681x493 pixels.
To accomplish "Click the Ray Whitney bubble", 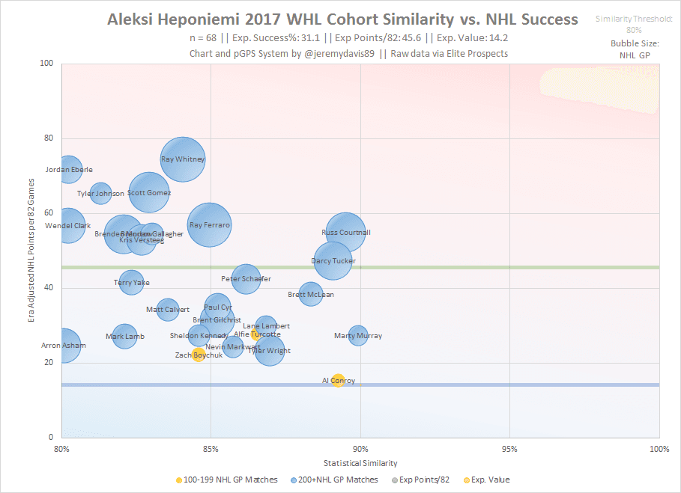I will tap(183, 159).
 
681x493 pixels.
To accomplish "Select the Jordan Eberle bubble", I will tap(69, 170).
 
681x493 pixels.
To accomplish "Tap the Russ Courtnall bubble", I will tap(346, 233).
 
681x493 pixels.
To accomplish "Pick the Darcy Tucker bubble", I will tap(333, 261).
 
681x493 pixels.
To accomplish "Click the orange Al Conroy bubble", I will tap(338, 381).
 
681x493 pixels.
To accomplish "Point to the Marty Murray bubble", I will tap(358, 336).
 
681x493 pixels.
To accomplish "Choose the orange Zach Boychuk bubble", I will tap(199, 355).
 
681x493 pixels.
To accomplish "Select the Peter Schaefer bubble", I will tap(246, 279).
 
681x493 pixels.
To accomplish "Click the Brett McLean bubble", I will tap(311, 294).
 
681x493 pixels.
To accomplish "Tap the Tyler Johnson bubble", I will tap(100, 194).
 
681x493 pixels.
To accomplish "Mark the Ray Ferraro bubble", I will tap(210, 224).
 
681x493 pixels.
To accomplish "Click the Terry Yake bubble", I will tap(131, 283).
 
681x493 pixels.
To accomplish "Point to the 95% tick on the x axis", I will tap(509, 449).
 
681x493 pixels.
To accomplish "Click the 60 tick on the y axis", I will tap(49, 213).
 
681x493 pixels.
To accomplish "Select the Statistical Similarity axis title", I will tap(360, 463).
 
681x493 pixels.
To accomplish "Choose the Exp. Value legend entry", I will tap(491, 480).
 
